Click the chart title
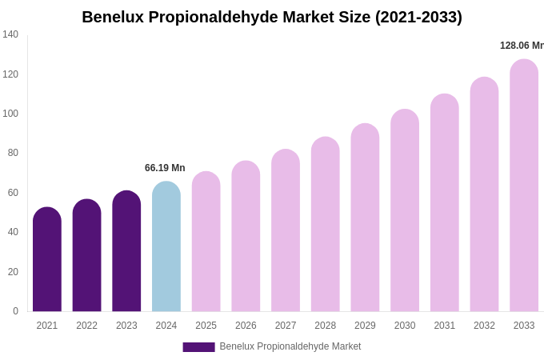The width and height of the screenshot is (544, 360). coord(272,17)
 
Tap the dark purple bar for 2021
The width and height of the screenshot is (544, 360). coord(47,259)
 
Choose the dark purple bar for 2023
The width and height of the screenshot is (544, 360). coord(126,251)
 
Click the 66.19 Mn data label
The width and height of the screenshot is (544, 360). coord(165,168)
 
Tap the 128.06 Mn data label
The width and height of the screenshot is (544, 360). coord(522,46)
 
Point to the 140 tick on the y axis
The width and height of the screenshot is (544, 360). coord(10,34)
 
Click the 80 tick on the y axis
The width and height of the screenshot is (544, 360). coord(13,153)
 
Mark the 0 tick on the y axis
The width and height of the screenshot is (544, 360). coord(15,311)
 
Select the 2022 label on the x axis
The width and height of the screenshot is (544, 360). coord(87,326)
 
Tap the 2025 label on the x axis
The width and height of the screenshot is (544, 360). coord(206,326)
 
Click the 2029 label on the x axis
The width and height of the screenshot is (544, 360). coord(365,326)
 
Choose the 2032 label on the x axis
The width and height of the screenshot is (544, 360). coord(484,326)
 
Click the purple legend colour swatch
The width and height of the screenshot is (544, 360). coord(198,347)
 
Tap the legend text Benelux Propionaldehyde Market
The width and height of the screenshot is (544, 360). coord(290,346)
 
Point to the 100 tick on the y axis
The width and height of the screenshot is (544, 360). coord(10,114)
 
